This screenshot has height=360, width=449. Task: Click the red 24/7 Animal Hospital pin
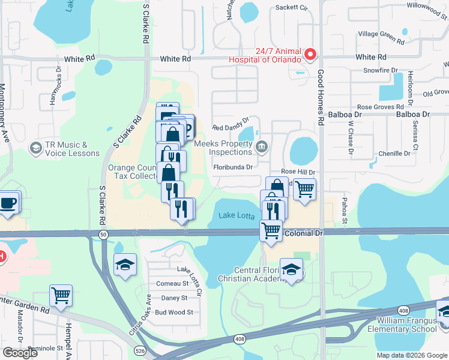(310, 55)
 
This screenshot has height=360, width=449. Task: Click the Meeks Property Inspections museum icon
(262, 146)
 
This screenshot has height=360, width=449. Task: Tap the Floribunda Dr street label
(232, 167)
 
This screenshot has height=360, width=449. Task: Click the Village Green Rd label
(381, 38)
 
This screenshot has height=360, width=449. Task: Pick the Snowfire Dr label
(381, 70)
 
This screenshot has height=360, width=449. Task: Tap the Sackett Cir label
(291, 8)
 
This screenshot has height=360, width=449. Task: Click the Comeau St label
(172, 283)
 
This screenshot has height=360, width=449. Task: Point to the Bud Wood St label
(173, 312)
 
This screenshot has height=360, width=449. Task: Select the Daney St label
(175, 298)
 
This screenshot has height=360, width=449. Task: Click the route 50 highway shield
(104, 234)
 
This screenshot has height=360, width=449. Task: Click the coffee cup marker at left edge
(8, 203)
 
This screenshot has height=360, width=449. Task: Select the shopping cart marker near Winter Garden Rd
(61, 296)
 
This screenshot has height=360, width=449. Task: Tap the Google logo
(20, 353)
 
